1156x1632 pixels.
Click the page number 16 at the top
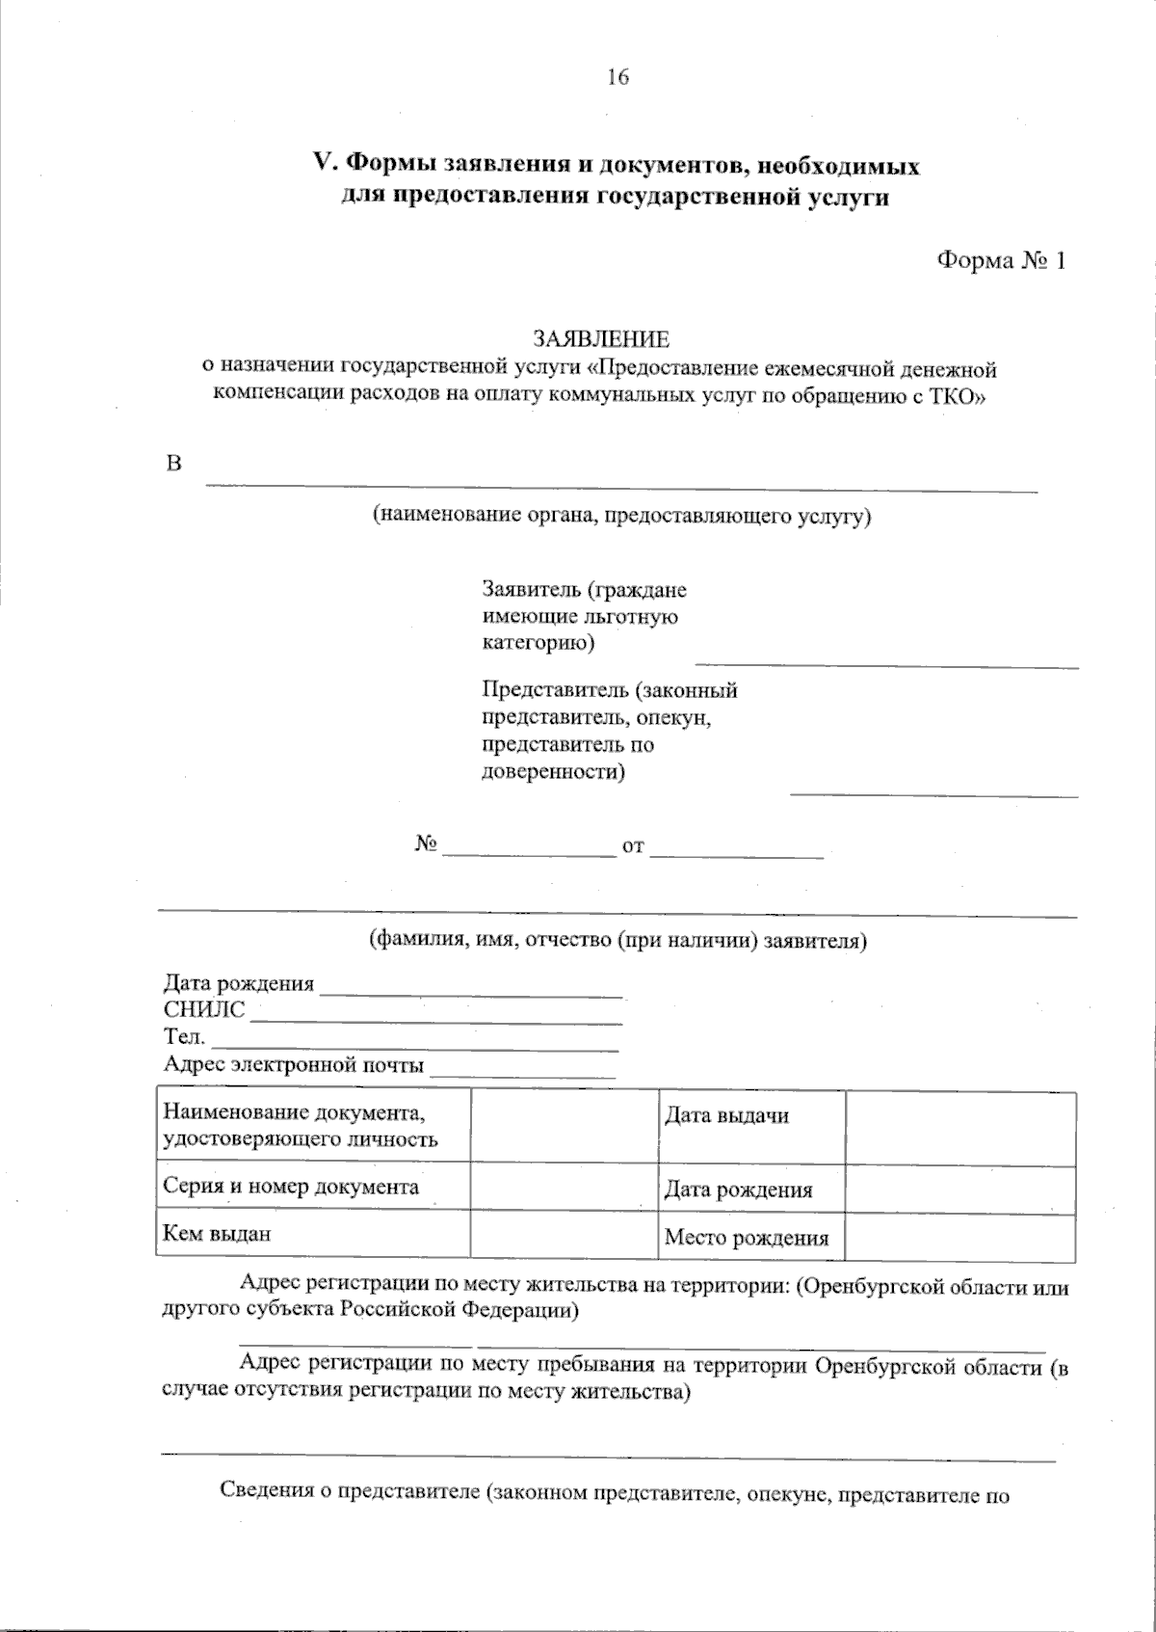tap(617, 77)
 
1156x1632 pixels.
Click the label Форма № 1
tap(1001, 260)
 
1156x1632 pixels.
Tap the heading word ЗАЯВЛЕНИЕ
tap(601, 339)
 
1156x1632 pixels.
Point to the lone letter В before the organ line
tap(174, 464)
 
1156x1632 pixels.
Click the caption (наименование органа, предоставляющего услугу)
tap(621, 515)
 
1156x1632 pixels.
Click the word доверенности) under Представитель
tap(553, 771)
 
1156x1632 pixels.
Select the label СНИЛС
tap(204, 1010)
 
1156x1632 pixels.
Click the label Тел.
tap(184, 1037)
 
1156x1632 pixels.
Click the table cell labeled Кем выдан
tap(217, 1232)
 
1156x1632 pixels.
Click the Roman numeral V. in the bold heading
tap(325, 166)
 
